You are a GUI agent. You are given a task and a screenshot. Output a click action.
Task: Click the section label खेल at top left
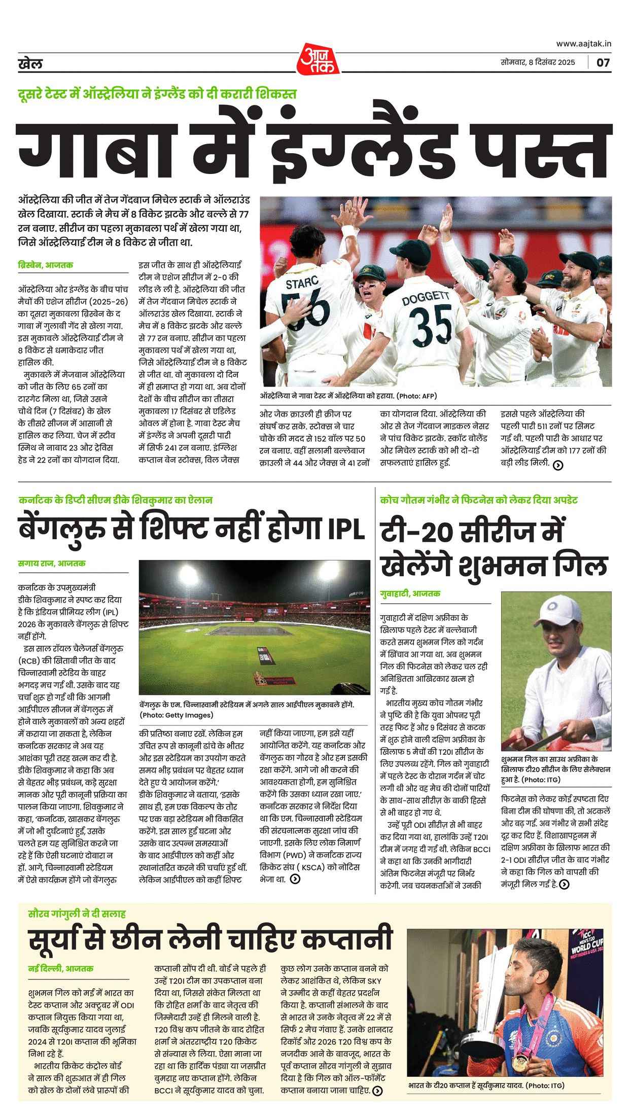30,64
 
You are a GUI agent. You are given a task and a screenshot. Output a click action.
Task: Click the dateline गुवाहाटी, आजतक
410,593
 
